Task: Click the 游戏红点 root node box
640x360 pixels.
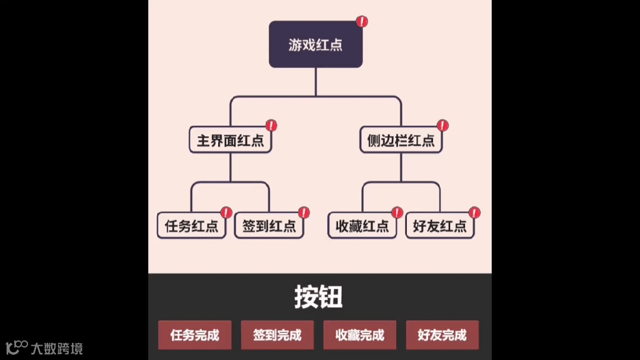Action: click(x=316, y=44)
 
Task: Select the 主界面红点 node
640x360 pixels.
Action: click(x=231, y=141)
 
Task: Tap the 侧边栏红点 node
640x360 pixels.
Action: click(x=401, y=141)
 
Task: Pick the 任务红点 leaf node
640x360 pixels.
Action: click(x=192, y=226)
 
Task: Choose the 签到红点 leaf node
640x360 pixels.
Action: click(x=269, y=226)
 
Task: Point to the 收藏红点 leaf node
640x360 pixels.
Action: click(x=362, y=226)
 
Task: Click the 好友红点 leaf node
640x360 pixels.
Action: click(x=440, y=226)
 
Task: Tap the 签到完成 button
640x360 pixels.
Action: click(x=278, y=335)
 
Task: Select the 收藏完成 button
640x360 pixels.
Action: click(x=360, y=335)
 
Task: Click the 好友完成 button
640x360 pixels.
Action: click(x=442, y=335)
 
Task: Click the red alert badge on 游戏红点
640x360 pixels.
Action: click(x=362, y=22)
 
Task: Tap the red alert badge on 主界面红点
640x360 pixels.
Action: click(x=271, y=125)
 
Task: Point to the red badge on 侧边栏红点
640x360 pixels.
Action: click(x=442, y=125)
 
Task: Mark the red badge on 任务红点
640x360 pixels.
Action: click(x=226, y=212)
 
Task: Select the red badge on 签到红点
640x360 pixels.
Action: click(x=304, y=212)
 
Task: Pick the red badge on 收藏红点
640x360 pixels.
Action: click(x=397, y=212)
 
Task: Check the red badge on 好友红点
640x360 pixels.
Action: click(x=474, y=212)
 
